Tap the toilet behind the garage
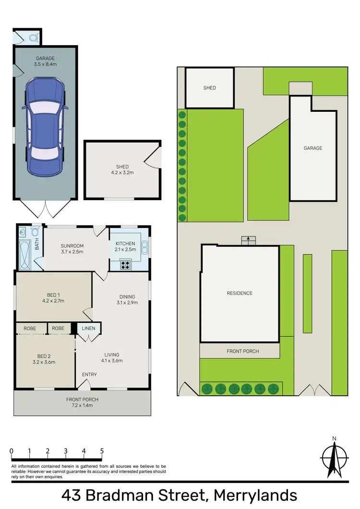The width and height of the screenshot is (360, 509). coord(33,36)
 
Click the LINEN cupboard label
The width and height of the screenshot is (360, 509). coord(89,328)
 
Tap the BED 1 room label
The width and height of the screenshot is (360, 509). coord(53,295)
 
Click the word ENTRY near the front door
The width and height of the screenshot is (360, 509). coord(89,375)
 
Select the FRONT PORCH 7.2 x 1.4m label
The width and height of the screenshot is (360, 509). coord(82,402)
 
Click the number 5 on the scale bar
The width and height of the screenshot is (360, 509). coord(102,451)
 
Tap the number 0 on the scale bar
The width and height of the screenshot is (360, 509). coord(12,451)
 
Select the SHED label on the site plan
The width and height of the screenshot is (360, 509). coord(209,88)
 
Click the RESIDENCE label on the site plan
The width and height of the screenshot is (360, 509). coord(240,293)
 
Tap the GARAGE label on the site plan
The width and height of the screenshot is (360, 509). coord(312,148)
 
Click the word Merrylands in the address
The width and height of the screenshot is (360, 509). coord(255,495)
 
